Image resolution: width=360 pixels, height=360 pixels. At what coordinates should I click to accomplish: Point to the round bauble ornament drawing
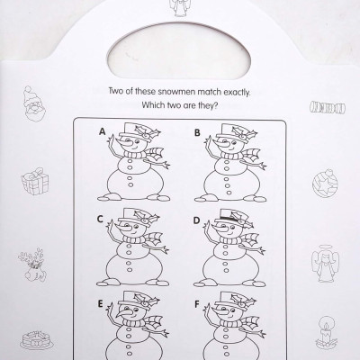321,184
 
